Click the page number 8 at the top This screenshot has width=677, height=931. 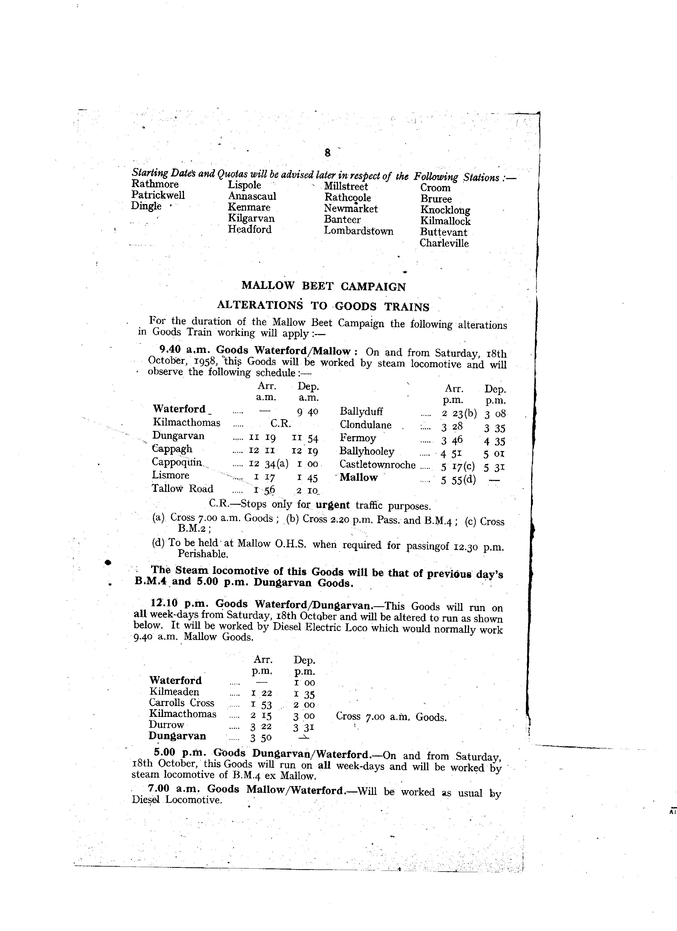[x=327, y=153]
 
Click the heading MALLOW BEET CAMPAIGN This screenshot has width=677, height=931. [x=323, y=286]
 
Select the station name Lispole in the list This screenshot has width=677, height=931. [x=245, y=185]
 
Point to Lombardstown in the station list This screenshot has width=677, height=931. [x=358, y=231]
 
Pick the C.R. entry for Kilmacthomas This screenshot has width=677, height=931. [x=281, y=423]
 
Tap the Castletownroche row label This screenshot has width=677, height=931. [x=377, y=465]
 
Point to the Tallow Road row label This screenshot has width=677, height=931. [x=182, y=489]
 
